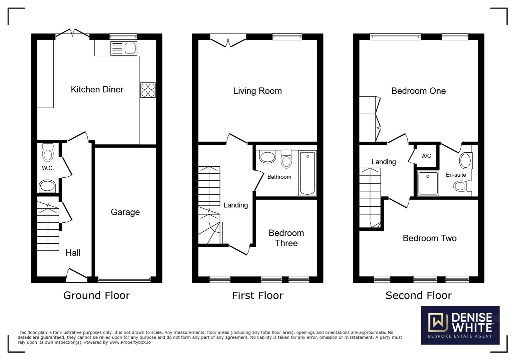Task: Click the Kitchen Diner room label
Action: pos(97,89)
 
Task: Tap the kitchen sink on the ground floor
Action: pos(124,48)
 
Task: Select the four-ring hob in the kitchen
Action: pos(148,90)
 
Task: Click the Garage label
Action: pos(125,212)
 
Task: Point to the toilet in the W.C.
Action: pos(48,153)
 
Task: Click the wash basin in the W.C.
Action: pos(47,186)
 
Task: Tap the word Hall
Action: pos(73,253)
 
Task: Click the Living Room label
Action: pos(257,91)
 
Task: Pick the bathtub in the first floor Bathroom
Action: pos(308,173)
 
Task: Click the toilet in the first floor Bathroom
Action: pos(287,159)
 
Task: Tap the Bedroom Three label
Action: pos(286,238)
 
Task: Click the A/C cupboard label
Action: pos(427,156)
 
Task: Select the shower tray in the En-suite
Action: pos(428,183)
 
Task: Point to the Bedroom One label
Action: pos(419,91)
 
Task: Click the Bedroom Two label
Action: pos(430,238)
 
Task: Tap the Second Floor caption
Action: pos(419,295)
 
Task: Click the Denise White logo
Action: pos(460,325)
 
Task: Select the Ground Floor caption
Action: pos(97,295)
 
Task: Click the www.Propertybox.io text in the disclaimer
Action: pos(130,342)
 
